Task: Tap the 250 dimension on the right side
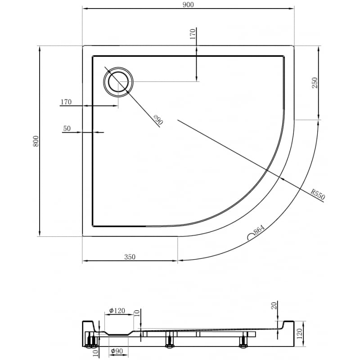pyautogui.click(x=315, y=83)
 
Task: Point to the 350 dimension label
pyautogui.click(x=130, y=257)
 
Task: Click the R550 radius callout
pyautogui.click(x=318, y=195)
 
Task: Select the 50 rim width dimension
pyautogui.click(x=67, y=128)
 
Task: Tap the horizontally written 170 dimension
pyautogui.click(x=66, y=102)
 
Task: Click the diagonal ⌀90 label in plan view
pyautogui.click(x=157, y=120)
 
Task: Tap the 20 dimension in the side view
pyautogui.click(x=274, y=306)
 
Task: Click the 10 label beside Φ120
pyautogui.click(x=137, y=313)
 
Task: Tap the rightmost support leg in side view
pyautogui.click(x=243, y=341)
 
